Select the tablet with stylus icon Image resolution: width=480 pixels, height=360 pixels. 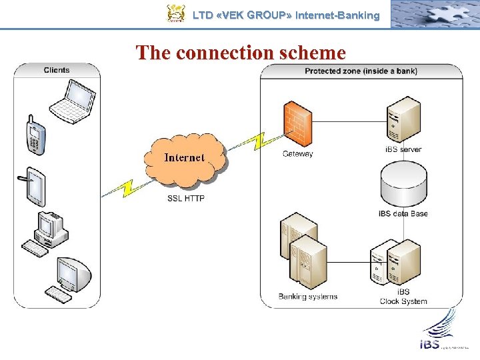point(34,186)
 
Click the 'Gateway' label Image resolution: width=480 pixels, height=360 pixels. point(297,154)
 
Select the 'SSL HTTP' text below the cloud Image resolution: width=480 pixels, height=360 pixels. point(186,198)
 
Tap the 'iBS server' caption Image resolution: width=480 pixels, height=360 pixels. point(403,149)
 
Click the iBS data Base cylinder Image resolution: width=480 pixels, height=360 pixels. point(403,183)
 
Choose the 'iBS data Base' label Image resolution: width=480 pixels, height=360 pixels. point(403,213)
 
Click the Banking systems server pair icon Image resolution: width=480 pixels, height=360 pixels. point(304,251)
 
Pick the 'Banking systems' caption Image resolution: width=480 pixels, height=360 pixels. point(308,296)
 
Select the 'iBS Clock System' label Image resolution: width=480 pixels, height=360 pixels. point(403,297)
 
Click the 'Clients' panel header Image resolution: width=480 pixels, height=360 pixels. point(57,70)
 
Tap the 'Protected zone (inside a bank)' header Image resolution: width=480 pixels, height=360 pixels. point(361,71)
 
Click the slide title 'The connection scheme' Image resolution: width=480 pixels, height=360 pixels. point(241,52)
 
